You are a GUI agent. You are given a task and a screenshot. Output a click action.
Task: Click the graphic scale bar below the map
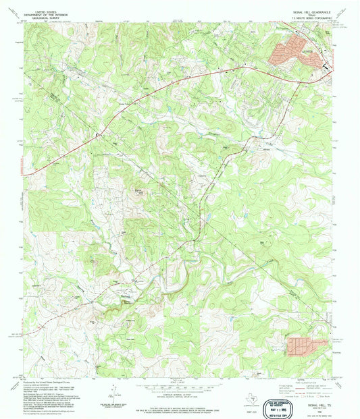(x=178, y=387)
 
